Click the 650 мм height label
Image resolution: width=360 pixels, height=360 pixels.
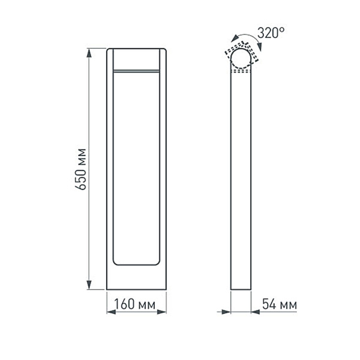pos(82,169)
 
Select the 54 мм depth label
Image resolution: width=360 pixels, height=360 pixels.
pos(279,305)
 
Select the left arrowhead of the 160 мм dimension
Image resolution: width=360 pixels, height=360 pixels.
pos(110,312)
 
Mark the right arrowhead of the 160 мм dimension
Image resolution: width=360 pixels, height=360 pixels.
pos(163,312)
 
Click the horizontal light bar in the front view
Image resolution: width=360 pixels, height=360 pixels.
pos(136,71)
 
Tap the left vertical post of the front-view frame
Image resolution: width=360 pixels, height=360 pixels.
pos(110,168)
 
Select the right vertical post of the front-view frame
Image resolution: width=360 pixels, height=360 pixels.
pos(163,168)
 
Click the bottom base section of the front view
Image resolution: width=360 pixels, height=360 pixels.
pos(136,277)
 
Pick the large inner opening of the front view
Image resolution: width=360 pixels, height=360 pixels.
pos(136,168)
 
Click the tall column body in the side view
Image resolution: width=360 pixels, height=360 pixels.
pos(242,180)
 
